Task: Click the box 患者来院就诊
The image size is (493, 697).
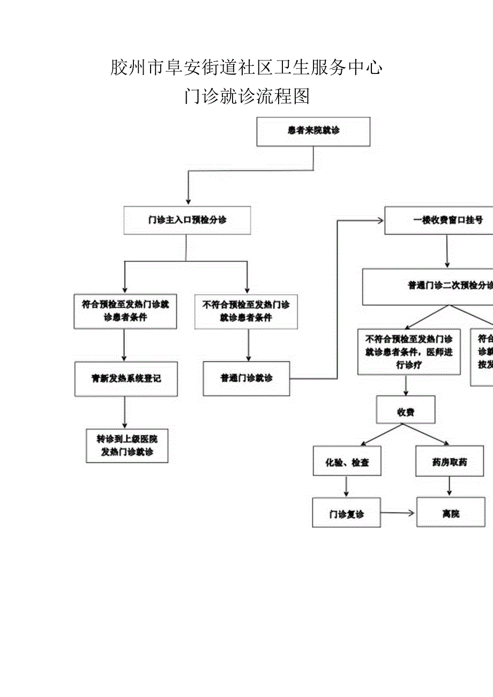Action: pos(313,131)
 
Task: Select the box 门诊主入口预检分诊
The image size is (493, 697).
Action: pos(187,220)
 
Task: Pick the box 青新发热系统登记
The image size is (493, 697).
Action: pos(126,379)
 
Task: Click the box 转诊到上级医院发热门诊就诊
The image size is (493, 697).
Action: pos(127,445)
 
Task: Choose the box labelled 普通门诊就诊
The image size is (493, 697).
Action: pos(246,378)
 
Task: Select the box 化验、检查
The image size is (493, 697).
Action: pos(347,462)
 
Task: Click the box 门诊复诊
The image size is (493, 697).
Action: pos(346,513)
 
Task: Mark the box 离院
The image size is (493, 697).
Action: pos(451,513)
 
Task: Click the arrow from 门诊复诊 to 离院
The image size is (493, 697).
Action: pos(398,513)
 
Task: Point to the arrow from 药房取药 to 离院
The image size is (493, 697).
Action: pos(449,486)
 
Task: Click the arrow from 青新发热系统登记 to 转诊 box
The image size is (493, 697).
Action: pos(125,412)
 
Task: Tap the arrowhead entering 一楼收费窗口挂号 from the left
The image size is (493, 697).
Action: pos(380,220)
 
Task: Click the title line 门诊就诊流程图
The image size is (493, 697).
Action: pos(246,96)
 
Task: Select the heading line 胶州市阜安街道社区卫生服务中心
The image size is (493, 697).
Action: pos(246,68)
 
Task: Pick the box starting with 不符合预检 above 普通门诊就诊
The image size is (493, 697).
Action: pos(246,311)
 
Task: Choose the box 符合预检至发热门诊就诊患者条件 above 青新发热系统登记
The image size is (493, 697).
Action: pos(125,311)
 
